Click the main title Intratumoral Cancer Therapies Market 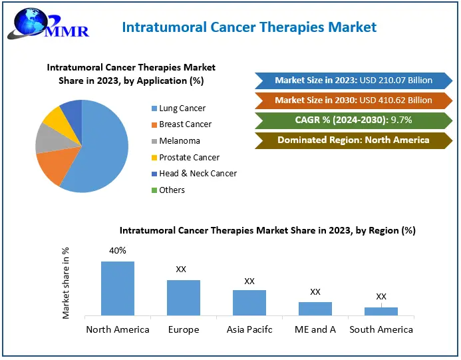pyautogui.click(x=249, y=27)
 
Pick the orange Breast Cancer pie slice pyautogui.click(x=53, y=167)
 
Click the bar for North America pyautogui.click(x=118, y=288)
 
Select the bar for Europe pyautogui.click(x=184, y=297)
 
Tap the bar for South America pyautogui.click(x=381, y=311)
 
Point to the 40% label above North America pyautogui.click(x=118, y=251)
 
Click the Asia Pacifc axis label pyautogui.click(x=249, y=329)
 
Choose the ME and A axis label pyautogui.click(x=315, y=329)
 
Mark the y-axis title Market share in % pyautogui.click(x=66, y=283)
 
